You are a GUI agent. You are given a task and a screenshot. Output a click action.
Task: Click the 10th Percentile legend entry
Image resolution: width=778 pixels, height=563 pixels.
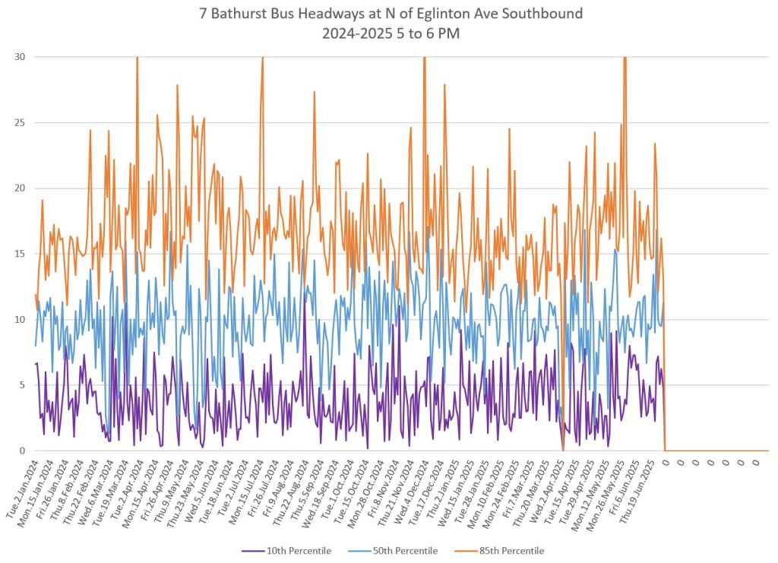point(298,551)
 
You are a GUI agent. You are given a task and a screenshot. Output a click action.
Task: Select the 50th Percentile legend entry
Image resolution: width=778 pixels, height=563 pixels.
point(405,551)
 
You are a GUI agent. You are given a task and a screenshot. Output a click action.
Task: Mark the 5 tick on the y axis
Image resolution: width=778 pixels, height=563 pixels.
point(21,385)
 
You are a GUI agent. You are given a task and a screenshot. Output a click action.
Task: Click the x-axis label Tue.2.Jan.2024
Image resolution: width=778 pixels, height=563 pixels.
point(23,489)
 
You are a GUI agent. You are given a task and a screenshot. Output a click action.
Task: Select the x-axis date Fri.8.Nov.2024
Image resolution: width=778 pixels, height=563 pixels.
point(370,489)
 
